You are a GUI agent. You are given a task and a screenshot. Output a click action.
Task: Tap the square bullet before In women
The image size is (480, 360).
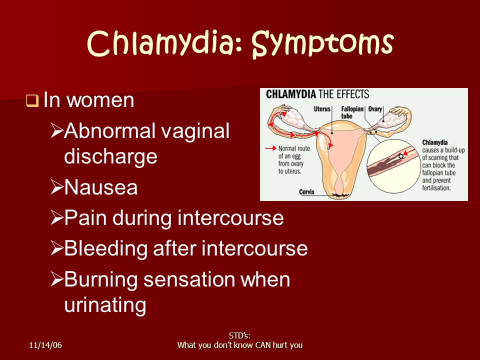32,100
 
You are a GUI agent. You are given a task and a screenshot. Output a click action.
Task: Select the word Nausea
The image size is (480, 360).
101,187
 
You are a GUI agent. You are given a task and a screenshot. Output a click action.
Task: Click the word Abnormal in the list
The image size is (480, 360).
109,130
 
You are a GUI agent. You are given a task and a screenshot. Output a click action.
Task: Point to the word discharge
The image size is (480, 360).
110,156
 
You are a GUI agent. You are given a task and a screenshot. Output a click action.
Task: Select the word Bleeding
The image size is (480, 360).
106,249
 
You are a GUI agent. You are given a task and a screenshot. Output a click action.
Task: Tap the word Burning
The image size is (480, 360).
101,280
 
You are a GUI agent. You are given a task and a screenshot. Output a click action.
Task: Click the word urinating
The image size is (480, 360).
105,305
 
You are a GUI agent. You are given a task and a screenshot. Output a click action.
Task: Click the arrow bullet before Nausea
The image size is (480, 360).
56,187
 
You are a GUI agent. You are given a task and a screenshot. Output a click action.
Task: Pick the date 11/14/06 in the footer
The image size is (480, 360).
45,345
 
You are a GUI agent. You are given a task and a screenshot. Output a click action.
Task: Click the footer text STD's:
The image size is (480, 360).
239,336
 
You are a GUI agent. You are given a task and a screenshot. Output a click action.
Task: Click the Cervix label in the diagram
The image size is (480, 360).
306,192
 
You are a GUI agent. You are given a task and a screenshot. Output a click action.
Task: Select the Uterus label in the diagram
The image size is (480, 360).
322,109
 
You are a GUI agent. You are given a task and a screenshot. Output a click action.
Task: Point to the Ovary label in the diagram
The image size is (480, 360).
375,109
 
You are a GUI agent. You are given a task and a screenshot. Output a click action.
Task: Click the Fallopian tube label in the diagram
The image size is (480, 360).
352,112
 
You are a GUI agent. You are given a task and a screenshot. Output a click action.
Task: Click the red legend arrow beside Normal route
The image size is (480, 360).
270,148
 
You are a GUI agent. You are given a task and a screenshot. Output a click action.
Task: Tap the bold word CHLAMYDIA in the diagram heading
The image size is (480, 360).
291,94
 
